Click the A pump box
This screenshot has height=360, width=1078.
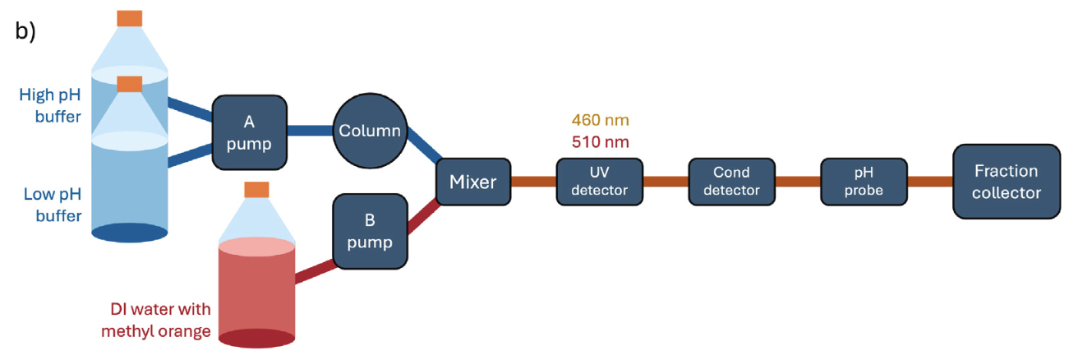249,132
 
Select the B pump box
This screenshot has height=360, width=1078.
370,232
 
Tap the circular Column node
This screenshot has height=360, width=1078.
370,131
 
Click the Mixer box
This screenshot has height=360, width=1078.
473,182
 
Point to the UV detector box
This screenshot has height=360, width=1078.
600,182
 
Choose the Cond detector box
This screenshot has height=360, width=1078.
731,182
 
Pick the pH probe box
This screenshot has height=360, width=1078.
864,182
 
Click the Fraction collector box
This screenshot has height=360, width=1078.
1007,182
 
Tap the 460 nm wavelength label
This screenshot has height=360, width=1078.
600,120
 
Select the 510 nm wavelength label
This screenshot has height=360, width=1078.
600,142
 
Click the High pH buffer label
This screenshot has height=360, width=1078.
50,105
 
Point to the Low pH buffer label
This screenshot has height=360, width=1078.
53,205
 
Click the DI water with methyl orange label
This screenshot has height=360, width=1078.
156,320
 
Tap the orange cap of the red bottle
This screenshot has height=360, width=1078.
256,190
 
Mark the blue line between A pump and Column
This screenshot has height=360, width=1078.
310,131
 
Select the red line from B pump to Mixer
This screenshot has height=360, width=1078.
423,217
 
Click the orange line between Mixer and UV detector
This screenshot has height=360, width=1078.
534,182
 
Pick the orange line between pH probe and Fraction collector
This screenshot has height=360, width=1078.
930,182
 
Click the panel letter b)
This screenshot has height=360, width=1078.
25,31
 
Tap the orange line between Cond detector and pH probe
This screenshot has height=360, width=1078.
798,182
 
